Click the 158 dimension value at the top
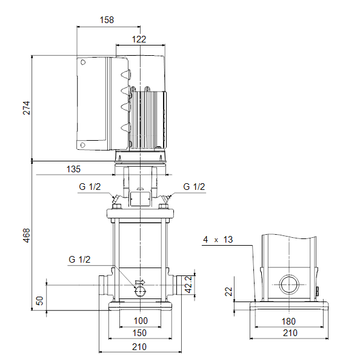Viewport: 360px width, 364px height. [107, 20]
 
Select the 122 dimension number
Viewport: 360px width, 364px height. [139, 39]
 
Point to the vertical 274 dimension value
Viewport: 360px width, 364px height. [27, 108]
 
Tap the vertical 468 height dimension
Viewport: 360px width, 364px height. [27, 235]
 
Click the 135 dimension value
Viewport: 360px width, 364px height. [73, 169]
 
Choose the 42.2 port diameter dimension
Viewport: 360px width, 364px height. [188, 285]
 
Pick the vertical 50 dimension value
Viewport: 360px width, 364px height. [39, 301]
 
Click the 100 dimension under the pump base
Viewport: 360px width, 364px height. [141, 321]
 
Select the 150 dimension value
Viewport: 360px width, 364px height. [139, 333]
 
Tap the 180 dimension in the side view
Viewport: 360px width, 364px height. [288, 322]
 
